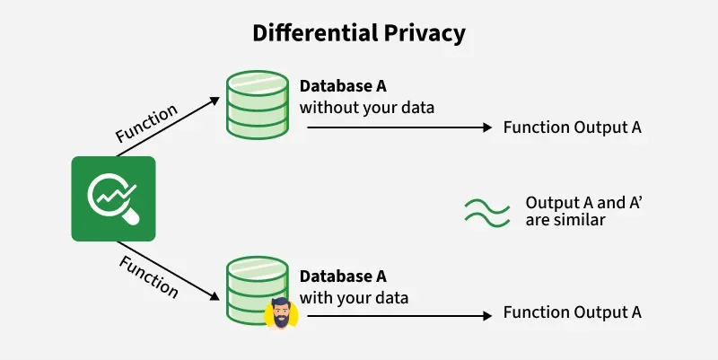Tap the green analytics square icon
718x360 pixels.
click(x=113, y=198)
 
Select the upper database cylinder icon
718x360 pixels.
click(x=255, y=106)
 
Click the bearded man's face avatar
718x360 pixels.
click(x=281, y=313)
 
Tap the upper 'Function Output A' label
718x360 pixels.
click(x=572, y=127)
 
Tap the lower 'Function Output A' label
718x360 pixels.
click(x=572, y=312)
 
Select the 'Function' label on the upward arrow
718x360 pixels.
click(x=147, y=123)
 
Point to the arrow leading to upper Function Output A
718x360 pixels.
click(x=399, y=128)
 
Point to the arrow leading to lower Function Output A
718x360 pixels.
click(x=399, y=315)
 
